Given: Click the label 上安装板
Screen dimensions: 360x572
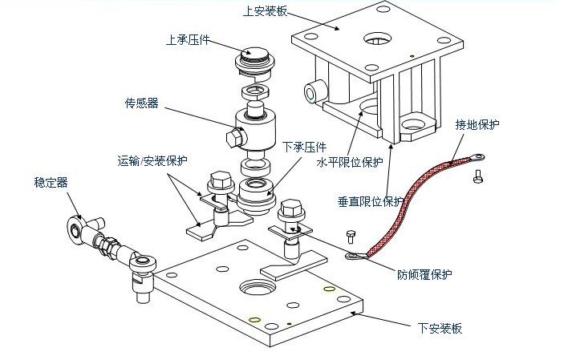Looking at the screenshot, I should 265,11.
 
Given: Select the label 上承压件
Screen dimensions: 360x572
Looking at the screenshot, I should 188,38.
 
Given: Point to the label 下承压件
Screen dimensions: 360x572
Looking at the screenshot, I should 304,148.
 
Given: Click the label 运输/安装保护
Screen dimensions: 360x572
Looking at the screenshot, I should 152,160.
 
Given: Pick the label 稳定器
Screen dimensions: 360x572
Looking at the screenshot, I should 52,183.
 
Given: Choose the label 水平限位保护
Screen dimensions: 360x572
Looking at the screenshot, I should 350,162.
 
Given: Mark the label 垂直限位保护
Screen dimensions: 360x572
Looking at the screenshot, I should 371,200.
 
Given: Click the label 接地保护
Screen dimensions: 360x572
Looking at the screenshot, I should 477,125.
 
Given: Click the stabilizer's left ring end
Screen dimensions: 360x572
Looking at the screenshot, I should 75,229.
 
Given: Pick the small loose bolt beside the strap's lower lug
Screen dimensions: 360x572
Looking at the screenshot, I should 350,237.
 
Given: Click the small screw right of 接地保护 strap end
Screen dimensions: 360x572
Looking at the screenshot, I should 480,174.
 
